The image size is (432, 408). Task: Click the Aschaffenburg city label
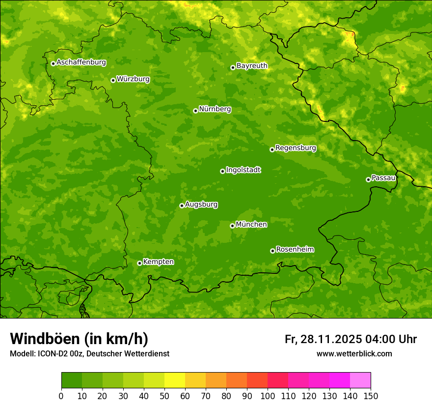coord(81,62)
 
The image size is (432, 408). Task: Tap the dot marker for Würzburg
coord(113,80)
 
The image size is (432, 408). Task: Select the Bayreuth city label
coord(252,66)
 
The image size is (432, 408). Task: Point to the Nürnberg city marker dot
coord(195,111)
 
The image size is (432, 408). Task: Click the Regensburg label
coord(296,148)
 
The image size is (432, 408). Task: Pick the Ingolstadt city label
coord(243,170)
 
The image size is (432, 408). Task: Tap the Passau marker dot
coord(368,179)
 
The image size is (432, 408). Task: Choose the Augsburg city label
coord(201,204)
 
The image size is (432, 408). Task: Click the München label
coord(251,225)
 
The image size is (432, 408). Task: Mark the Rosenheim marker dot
coord(272,251)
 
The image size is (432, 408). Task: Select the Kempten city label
coord(158,262)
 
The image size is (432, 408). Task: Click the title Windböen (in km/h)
coord(79,339)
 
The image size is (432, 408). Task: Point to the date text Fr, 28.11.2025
coord(323,339)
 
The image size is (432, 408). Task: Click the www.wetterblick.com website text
coord(354,353)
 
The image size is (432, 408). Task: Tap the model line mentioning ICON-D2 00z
coord(89,353)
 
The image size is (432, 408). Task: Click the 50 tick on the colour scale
coord(164,396)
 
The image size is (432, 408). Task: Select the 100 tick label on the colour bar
coord(268,396)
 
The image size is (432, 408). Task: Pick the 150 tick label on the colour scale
coord(371,396)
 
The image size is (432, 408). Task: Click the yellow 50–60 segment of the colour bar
coord(175,380)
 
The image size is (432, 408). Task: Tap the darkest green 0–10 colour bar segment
coord(72,380)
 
